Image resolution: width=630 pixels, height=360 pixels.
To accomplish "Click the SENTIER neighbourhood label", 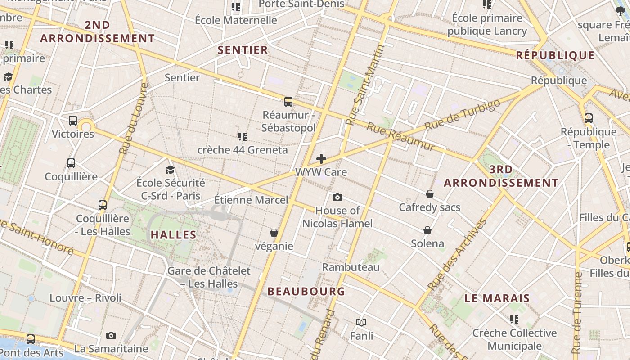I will pyautogui.click(x=243, y=50).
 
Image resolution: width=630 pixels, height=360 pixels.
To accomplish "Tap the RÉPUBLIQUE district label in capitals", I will pyautogui.click(x=555, y=55).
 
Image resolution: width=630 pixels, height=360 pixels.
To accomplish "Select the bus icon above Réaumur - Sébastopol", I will pyautogui.click(x=288, y=102).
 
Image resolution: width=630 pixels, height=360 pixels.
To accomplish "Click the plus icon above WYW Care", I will pyautogui.click(x=321, y=158).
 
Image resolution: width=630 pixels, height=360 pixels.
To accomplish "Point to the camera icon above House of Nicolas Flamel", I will pyautogui.click(x=337, y=197).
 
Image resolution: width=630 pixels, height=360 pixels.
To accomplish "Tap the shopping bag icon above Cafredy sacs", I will pyautogui.click(x=430, y=194).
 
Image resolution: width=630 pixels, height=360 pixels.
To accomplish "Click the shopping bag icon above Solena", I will pyautogui.click(x=427, y=230).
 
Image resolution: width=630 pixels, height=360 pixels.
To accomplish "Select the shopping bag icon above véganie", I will pyautogui.click(x=274, y=233).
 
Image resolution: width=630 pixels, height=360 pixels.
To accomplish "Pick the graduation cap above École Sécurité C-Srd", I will pyautogui.click(x=170, y=170).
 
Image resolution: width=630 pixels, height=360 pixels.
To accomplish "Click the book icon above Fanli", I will pyautogui.click(x=361, y=322).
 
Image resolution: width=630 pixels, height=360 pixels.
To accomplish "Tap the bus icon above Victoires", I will pyautogui.click(x=73, y=121).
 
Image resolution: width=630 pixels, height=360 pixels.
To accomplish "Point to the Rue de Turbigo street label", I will pyautogui.click(x=462, y=115).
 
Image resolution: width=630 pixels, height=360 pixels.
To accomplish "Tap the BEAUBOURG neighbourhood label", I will pyautogui.click(x=306, y=292).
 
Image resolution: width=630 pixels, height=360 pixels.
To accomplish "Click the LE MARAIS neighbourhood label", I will pyautogui.click(x=497, y=298).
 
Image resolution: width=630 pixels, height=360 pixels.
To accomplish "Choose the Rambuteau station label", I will pyautogui.click(x=351, y=267).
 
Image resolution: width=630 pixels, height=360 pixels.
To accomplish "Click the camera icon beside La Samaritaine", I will pyautogui.click(x=111, y=335).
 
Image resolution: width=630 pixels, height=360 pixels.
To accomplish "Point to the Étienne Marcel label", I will pyautogui.click(x=251, y=200).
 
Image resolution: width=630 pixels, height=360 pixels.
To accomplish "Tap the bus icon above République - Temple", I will pyautogui.click(x=588, y=118).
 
